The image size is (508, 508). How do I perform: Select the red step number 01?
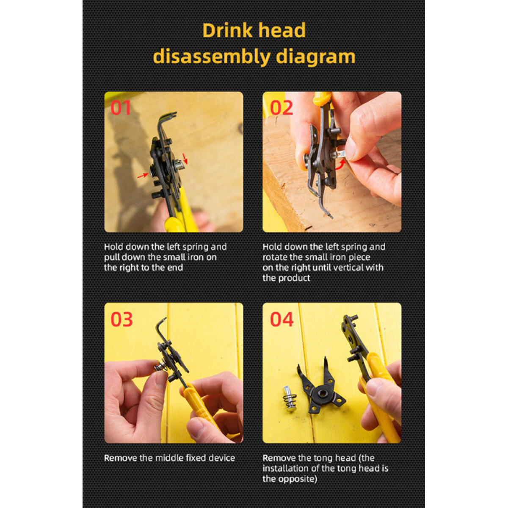(121, 108)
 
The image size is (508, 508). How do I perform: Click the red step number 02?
(281, 108)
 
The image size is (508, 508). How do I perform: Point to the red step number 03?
(121, 319)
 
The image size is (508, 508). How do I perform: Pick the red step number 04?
(282, 319)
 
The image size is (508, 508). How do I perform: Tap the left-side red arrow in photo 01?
(143, 175)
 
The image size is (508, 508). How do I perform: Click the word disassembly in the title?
(212, 57)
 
